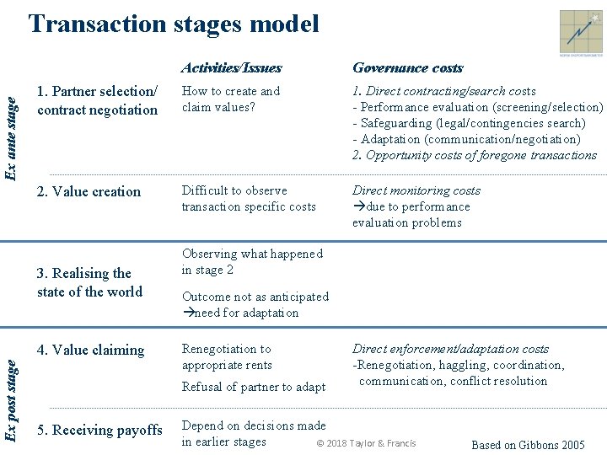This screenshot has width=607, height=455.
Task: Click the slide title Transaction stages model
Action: (x=174, y=24)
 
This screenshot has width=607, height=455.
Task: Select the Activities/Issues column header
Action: (x=231, y=68)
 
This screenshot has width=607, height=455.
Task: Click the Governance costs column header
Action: (x=407, y=68)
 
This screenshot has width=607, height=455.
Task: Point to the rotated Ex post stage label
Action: (x=11, y=399)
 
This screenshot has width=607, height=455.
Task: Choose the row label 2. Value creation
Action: (x=89, y=191)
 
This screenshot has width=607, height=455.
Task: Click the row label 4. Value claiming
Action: (x=90, y=350)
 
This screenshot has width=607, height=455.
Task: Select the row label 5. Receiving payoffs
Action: (x=99, y=430)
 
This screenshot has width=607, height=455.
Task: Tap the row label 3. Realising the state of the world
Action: (x=89, y=282)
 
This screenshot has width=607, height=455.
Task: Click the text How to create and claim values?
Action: (x=231, y=99)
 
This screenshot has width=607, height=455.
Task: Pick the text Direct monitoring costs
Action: (x=416, y=190)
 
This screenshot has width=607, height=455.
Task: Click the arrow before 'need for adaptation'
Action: (x=188, y=313)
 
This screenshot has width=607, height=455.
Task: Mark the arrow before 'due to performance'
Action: (x=358, y=206)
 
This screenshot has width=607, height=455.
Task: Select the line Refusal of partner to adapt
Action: (x=254, y=387)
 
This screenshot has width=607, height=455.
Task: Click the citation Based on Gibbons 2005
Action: (x=528, y=445)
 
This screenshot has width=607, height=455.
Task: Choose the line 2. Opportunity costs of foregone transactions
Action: (x=474, y=155)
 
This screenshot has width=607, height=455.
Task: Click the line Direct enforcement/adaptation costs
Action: (x=450, y=349)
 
